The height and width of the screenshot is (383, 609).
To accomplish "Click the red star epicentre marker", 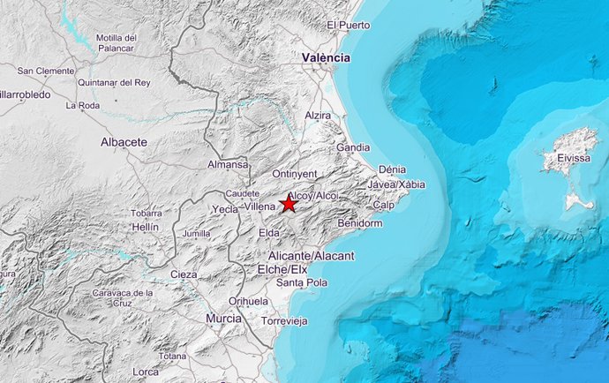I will (289, 204).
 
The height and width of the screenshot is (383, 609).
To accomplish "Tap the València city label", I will (326, 58).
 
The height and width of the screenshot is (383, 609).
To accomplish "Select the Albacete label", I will (124, 141).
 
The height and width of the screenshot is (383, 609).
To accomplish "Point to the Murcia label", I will (223, 318).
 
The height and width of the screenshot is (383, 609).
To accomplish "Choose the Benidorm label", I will (360, 224).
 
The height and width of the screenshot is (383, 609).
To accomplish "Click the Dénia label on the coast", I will (391, 169).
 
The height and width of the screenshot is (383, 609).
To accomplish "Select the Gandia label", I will (353, 147).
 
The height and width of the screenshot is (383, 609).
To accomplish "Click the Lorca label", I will (146, 372).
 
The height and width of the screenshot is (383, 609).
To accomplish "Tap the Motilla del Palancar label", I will (117, 42).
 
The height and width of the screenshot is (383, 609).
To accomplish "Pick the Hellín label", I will (145, 227).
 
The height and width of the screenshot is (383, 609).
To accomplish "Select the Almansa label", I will (228, 165).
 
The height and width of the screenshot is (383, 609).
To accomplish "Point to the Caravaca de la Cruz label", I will (123, 297).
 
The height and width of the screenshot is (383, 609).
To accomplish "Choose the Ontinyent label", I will (294, 174).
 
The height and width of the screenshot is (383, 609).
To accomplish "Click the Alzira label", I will (318, 116).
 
